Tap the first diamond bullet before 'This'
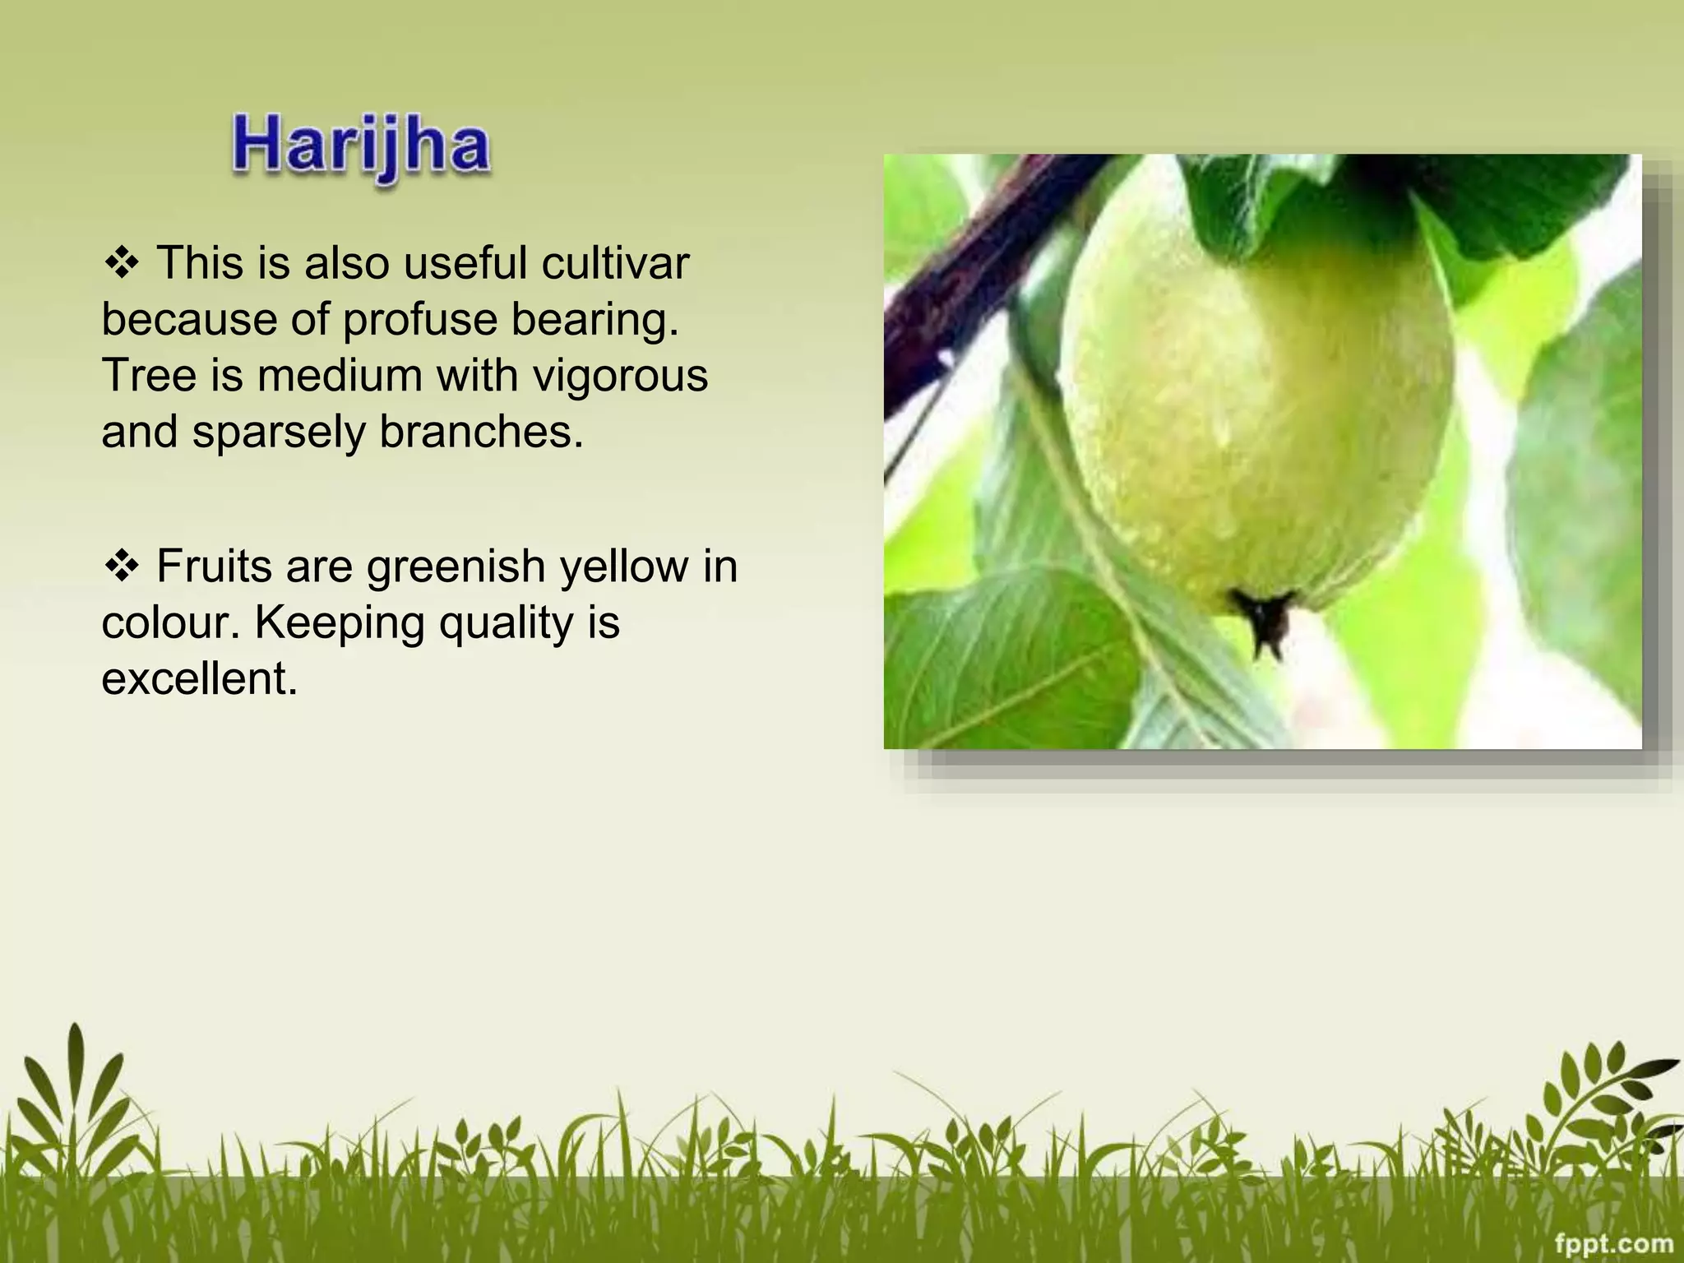pos(122,264)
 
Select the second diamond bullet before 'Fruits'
pos(122,567)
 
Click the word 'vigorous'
pos(620,377)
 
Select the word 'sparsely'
pos(279,433)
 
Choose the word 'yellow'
pos(623,567)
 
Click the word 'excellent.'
pos(199,678)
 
